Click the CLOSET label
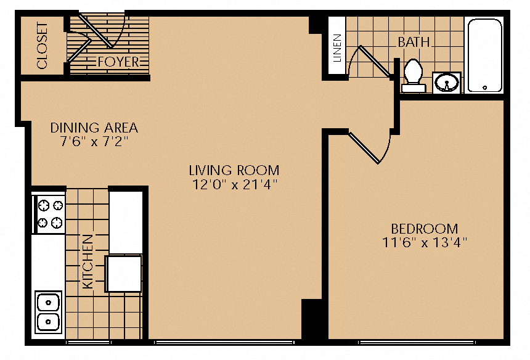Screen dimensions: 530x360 pos(43,46)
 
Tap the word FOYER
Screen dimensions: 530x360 pos(118,62)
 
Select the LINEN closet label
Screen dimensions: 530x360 pos(337,48)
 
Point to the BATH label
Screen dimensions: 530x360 pos(414,43)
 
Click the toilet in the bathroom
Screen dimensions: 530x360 pos(413,76)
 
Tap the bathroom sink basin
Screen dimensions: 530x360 pos(447,83)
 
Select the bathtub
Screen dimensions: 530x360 pos(484,55)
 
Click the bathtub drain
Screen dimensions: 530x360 pos(485,88)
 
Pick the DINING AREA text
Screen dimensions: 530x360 pos(94,128)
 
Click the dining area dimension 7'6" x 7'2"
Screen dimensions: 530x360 pos(94,141)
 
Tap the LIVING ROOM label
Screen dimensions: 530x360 pos(234,170)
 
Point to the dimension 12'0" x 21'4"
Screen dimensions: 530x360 pos(235,184)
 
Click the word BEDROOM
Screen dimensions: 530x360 pos(425,229)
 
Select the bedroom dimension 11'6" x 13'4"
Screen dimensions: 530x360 pos(425,242)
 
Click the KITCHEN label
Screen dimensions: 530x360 pos(88,262)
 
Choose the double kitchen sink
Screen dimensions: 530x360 pos(48,311)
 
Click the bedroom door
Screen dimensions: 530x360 pos(364,148)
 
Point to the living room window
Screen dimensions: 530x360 pos(224,342)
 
